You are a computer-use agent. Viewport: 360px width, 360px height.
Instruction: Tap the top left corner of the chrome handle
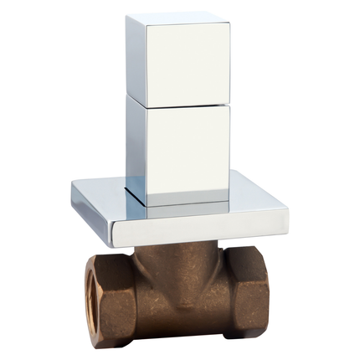(x=129, y=17)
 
